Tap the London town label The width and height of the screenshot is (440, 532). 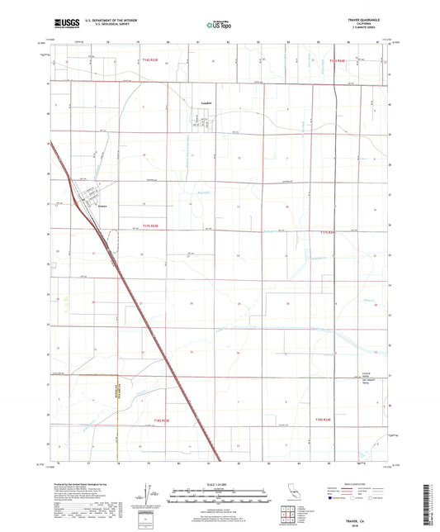[x=207, y=103]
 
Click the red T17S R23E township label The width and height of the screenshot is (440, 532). [x=149, y=225]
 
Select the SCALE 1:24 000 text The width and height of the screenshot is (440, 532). [x=220, y=482]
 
